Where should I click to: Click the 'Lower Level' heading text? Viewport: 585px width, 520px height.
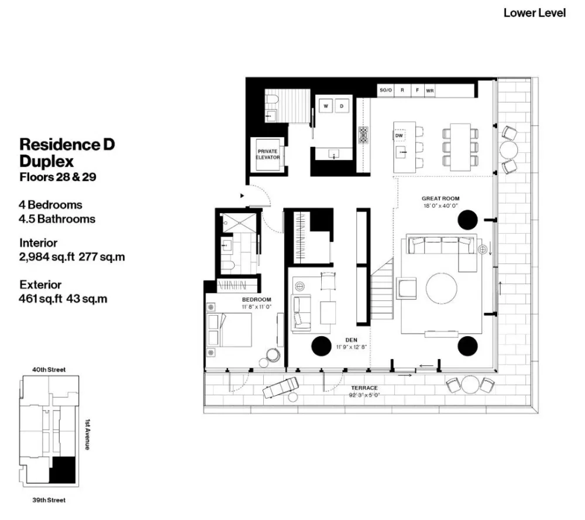click(534, 12)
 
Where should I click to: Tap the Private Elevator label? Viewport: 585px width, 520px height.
click(268, 154)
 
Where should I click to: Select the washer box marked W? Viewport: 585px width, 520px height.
click(326, 106)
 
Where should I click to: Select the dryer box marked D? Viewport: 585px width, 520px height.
click(342, 106)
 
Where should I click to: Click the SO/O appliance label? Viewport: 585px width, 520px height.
click(385, 91)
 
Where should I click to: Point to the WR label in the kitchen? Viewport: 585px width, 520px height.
click(430, 91)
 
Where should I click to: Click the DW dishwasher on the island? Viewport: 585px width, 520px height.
click(400, 135)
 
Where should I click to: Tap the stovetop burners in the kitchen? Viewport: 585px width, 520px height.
click(363, 135)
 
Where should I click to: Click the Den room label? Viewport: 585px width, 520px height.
click(351, 340)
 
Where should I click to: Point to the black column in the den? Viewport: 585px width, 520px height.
click(321, 347)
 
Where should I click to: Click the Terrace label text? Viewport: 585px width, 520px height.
click(364, 388)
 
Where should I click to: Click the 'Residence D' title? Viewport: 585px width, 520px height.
click(67, 144)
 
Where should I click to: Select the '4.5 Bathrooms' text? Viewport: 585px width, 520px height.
click(57, 220)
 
